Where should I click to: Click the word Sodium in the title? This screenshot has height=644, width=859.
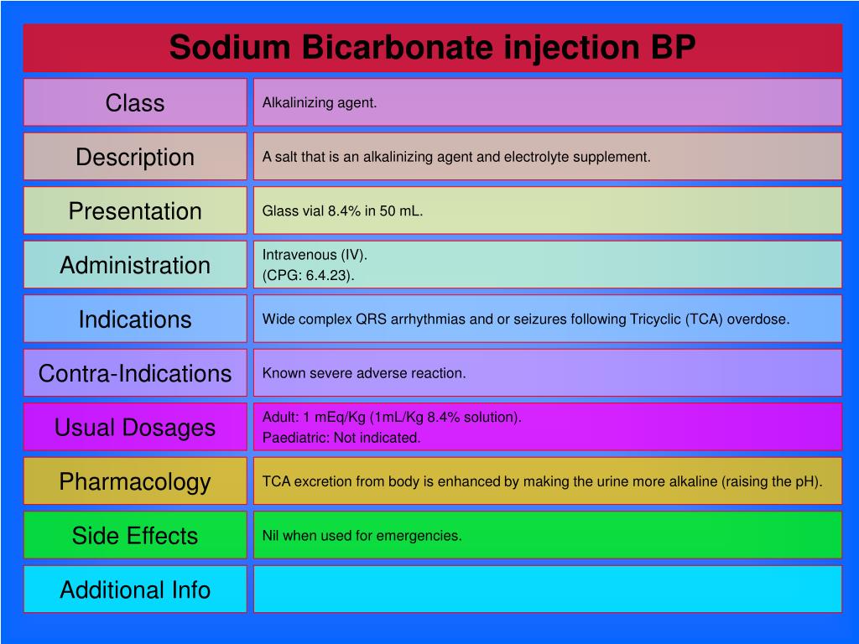pyautogui.click(x=230, y=47)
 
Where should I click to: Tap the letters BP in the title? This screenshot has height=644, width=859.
pyautogui.click(x=673, y=47)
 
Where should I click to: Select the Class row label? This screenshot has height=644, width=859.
pyautogui.click(x=135, y=103)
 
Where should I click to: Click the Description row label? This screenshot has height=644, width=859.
pyautogui.click(x=135, y=157)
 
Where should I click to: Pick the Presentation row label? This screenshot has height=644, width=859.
pyautogui.click(x=135, y=210)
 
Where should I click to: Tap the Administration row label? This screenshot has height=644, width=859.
pyautogui.click(x=135, y=265)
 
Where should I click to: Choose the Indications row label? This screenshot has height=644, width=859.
pyautogui.click(x=135, y=319)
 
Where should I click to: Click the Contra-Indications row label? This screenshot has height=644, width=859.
pyautogui.click(x=135, y=373)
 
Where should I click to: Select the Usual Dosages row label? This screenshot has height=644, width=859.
pyautogui.click(x=135, y=428)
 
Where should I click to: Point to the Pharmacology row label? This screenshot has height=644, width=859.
pyautogui.click(x=135, y=482)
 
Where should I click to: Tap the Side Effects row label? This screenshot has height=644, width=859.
pyautogui.click(x=135, y=536)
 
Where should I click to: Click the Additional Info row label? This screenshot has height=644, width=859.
pyautogui.click(x=135, y=589)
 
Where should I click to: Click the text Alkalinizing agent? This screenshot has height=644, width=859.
pyautogui.click(x=320, y=103)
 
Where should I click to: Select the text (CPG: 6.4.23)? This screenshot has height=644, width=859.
pyautogui.click(x=309, y=275)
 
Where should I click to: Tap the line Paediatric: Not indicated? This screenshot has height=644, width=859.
pyautogui.click(x=341, y=438)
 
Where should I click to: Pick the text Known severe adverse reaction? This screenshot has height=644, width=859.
pyautogui.click(x=364, y=373)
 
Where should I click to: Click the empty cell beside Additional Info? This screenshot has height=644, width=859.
pyautogui.click(x=547, y=589)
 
